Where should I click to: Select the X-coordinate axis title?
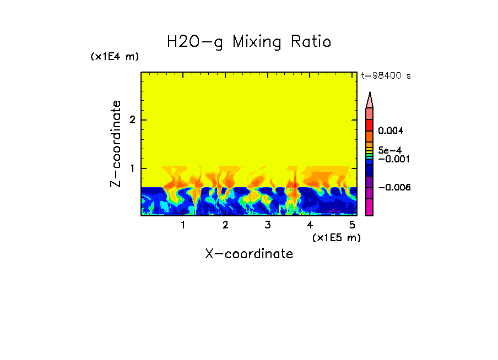249,254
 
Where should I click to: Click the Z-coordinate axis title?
116,144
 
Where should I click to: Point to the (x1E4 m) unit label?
115,57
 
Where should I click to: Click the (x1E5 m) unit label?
336,237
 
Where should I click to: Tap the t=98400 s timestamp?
386,76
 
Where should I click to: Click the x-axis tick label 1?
183,225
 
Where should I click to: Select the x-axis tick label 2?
225,225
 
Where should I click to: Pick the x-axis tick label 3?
267,225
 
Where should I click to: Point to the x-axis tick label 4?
310,225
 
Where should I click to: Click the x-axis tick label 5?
351,225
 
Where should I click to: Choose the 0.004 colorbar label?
391,131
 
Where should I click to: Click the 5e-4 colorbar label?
389,150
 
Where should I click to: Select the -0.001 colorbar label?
392,159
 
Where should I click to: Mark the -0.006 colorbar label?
392,188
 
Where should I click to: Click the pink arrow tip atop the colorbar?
370,99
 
